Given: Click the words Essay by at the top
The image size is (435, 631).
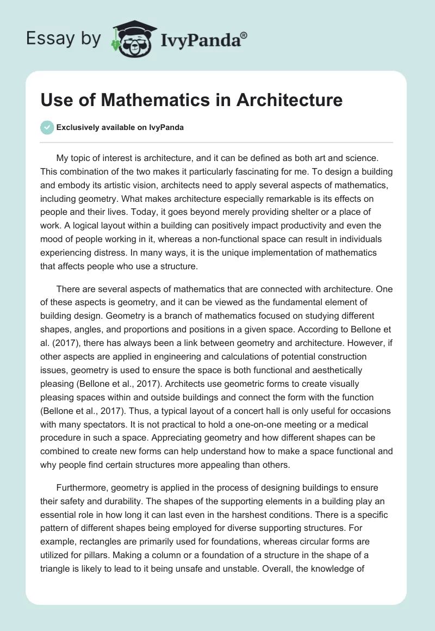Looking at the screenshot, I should coord(64,39).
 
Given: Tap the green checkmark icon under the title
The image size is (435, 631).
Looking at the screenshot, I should coord(47,127).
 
